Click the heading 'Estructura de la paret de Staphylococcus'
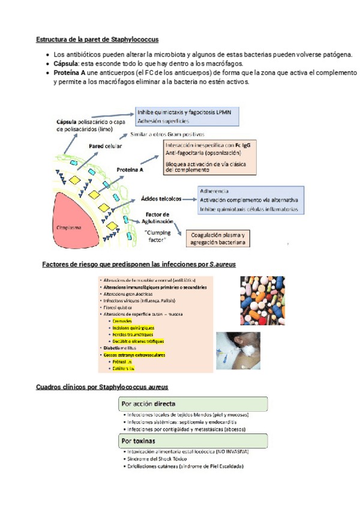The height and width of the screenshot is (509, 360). click(x=97, y=40)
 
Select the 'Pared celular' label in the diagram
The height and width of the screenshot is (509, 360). click(x=106, y=146)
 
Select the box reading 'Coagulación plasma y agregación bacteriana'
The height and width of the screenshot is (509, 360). click(x=218, y=238)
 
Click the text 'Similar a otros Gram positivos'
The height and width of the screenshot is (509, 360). click(x=172, y=134)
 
